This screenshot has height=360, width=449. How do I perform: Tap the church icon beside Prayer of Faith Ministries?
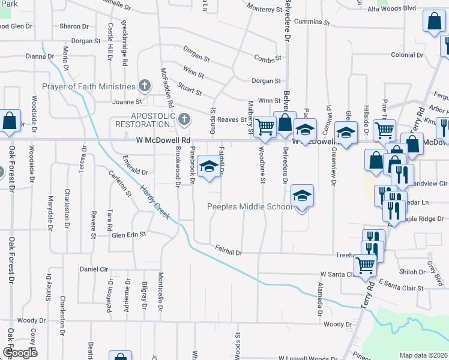click(x=144, y=86)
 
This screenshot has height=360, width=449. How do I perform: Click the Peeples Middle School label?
click(x=249, y=206)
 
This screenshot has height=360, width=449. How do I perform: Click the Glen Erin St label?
click(x=129, y=235)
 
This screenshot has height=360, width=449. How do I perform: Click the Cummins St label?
click(x=309, y=22)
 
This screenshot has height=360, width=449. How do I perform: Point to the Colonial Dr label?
click(x=407, y=55)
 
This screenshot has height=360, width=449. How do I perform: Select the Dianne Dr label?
click(x=40, y=56)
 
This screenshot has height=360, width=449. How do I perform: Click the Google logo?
click(x=20, y=353)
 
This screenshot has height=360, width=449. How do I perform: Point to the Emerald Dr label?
click(x=135, y=172)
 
